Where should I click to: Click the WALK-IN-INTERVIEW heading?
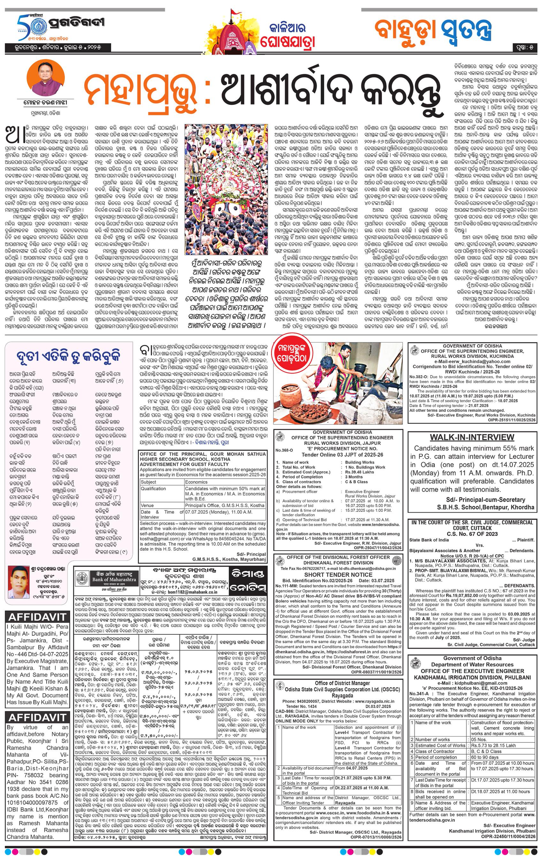[x=472, y=437]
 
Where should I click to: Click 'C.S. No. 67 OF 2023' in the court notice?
[x=472, y=533]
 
